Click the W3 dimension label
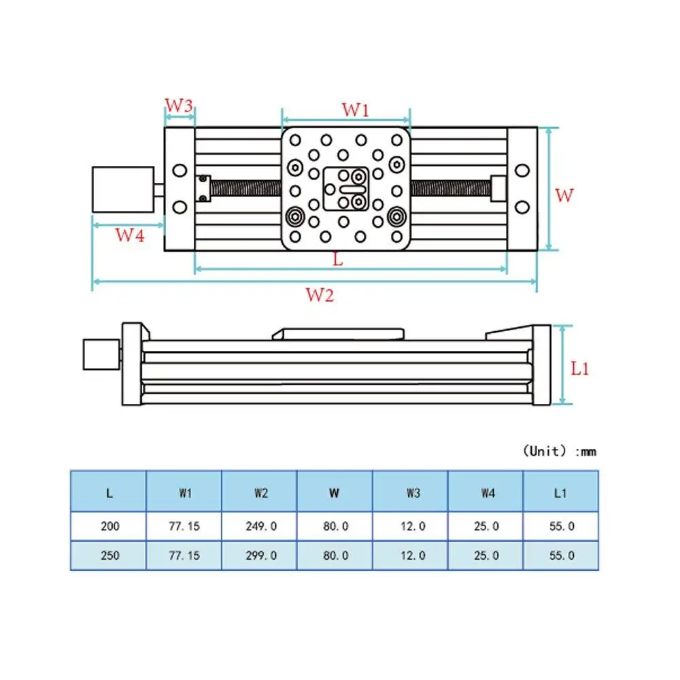[180, 106]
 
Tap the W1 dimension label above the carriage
[355, 109]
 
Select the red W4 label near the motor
[129, 235]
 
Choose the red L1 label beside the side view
[579, 369]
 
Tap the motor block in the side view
[101, 354]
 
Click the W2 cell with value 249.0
[260, 526]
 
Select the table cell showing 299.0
[260, 556]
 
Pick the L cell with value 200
[109, 526]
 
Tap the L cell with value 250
[109, 556]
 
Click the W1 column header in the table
[184, 494]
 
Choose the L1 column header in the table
[560, 494]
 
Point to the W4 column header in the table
[486, 494]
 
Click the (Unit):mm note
[559, 452]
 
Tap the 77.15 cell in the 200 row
[184, 526]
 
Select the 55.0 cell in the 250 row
[560, 556]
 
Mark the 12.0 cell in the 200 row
[410, 526]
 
